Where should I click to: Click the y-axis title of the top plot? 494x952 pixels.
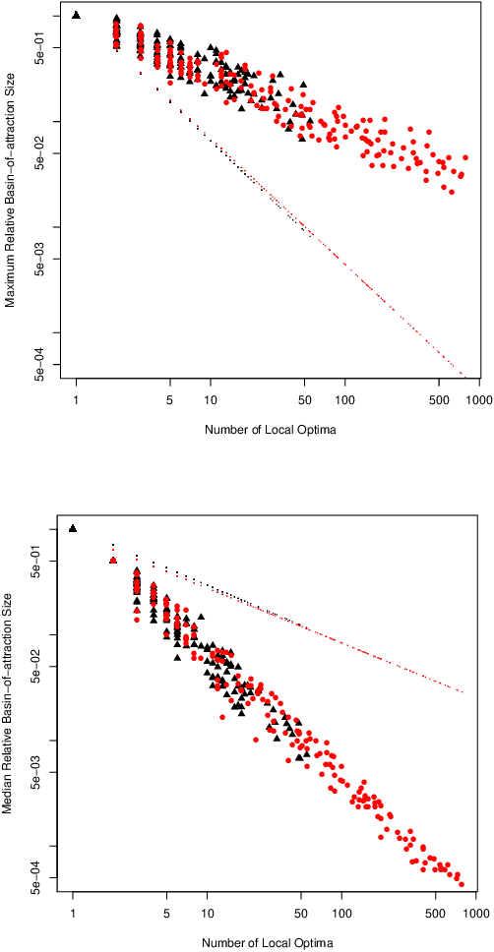point(10,195)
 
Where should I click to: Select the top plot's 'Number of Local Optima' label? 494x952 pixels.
point(265,430)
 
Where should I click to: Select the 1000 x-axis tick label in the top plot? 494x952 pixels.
point(478,401)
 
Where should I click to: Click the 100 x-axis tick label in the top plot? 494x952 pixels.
point(344,401)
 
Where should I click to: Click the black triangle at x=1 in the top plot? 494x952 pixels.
point(77,14)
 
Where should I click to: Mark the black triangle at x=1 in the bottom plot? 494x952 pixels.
point(73,528)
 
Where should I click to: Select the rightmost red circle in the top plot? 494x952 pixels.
point(465,157)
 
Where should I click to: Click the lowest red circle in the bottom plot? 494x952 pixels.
point(462,883)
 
